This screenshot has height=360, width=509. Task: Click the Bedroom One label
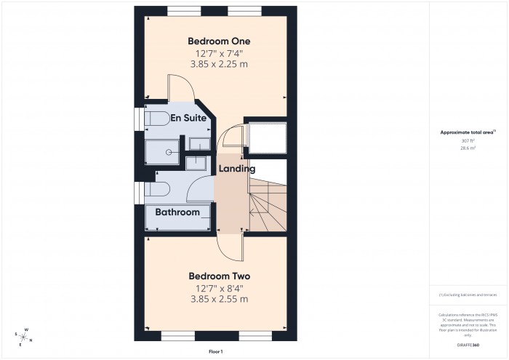point(219,40)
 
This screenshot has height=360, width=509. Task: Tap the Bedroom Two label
point(219,276)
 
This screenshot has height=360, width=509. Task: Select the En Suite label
point(187,118)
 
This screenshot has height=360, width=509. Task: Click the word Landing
point(238,169)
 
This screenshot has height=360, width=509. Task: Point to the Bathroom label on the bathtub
point(178,212)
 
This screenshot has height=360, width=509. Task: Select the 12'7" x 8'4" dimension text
point(219,288)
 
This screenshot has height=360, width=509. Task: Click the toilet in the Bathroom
point(156,190)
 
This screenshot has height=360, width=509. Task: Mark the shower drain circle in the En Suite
point(169,153)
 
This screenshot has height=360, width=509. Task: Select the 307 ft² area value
point(468,141)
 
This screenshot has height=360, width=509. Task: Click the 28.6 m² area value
point(468,148)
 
